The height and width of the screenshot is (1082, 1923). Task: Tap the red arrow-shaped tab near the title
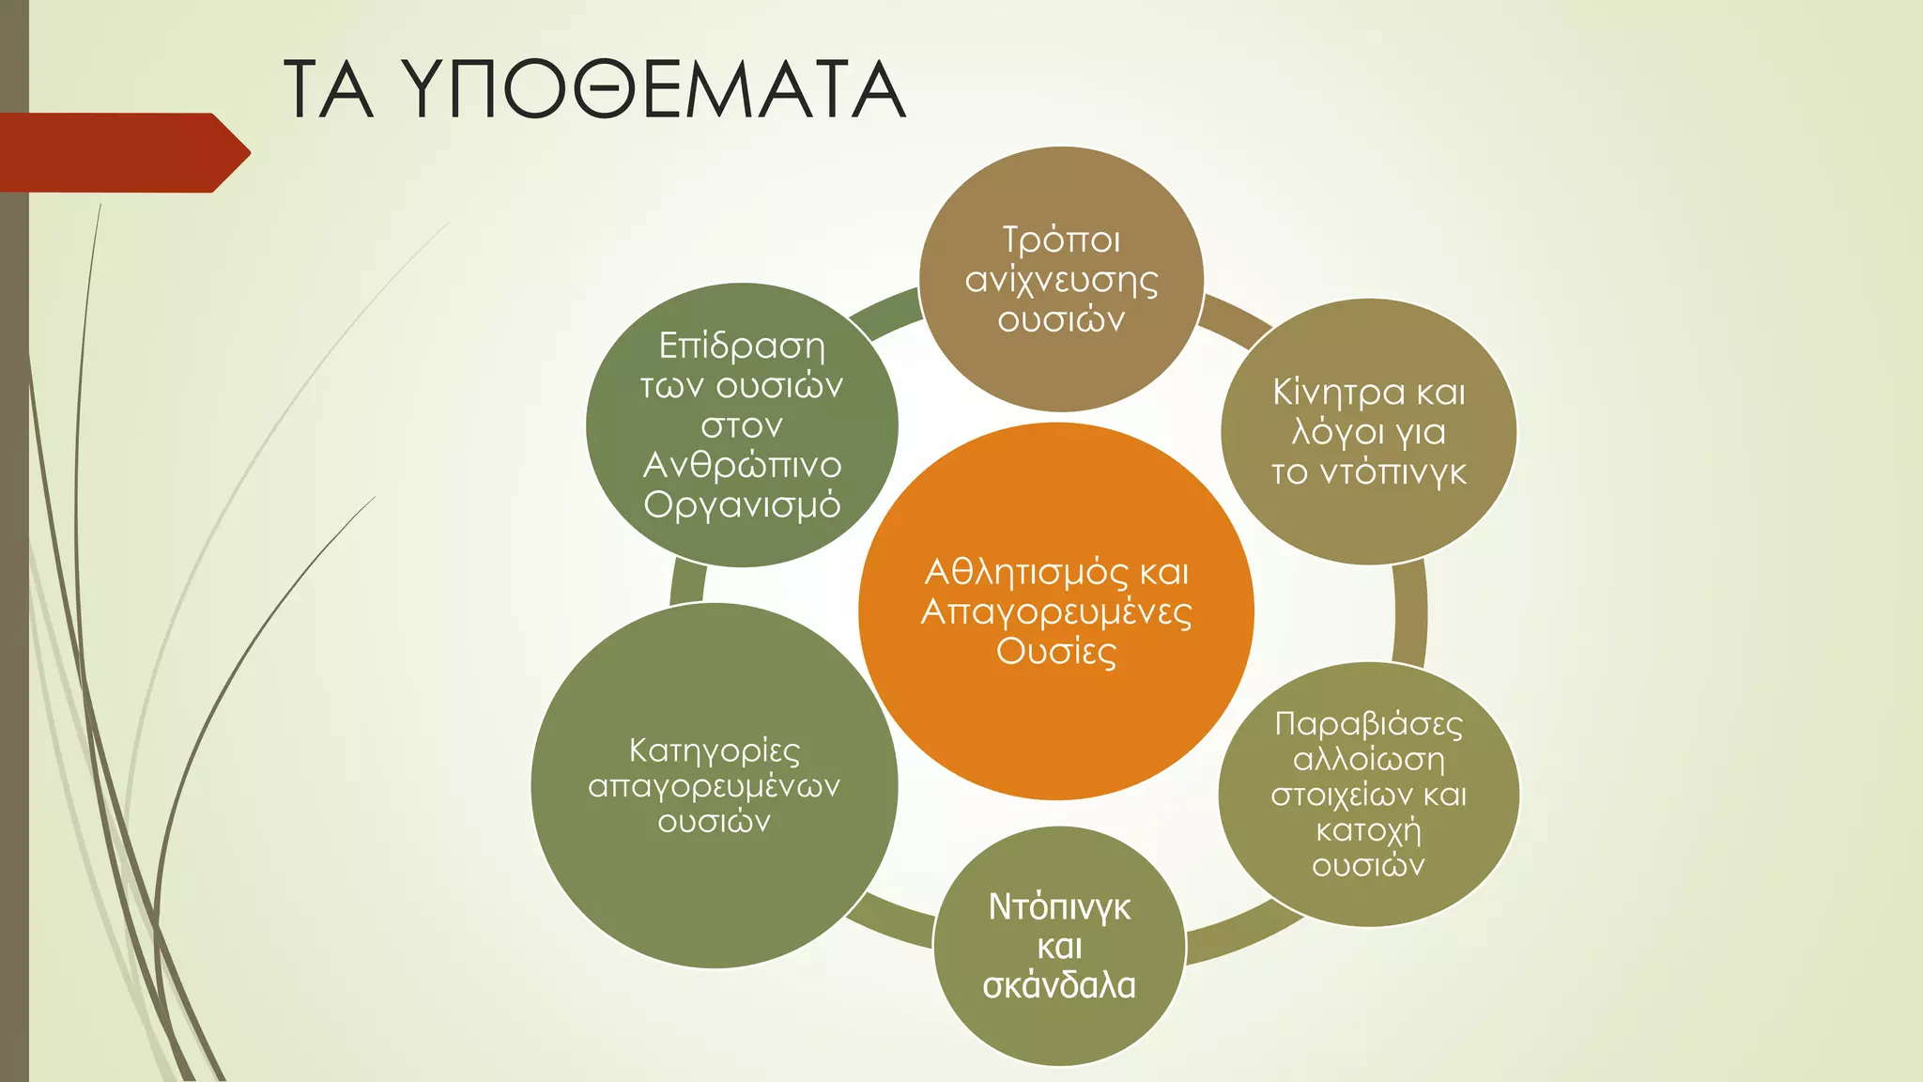tap(122, 152)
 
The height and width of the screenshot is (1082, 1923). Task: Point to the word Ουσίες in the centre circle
tap(1056, 652)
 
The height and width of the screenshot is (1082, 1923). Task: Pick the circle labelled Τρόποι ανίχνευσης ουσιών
tap(1061, 366)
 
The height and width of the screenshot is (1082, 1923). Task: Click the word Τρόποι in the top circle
tap(1061, 240)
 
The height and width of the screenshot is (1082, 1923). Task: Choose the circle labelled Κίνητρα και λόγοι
tap(1368, 526)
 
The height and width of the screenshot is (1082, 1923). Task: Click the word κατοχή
tap(1368, 830)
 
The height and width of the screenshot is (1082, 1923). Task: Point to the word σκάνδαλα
tap(1059, 985)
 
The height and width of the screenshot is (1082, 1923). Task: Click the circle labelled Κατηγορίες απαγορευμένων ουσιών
tap(714, 892)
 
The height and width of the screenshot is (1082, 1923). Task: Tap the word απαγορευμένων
tap(714, 786)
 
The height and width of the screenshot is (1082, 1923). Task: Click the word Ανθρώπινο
tap(742, 465)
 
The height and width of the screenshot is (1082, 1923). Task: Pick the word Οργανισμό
tap(742, 505)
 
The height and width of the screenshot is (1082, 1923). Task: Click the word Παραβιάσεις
tap(1368, 724)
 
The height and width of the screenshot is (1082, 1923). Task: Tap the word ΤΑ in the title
tap(329, 90)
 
